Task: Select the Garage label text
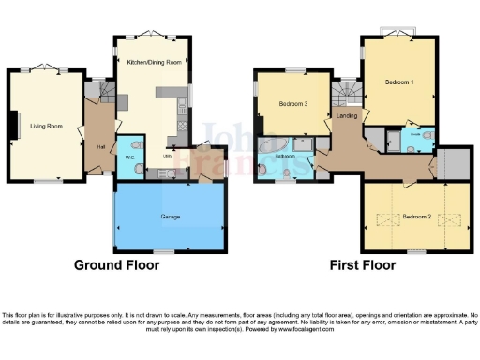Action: point(169,216)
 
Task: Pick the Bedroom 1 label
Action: point(398,82)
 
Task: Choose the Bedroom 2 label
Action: point(415,217)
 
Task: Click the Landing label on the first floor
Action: point(346,116)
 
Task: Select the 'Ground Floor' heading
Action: point(117,265)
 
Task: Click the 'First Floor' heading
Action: point(362,265)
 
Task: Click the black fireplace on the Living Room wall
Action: point(13,125)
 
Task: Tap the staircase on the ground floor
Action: point(97,93)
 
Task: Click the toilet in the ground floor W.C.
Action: point(138,169)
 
